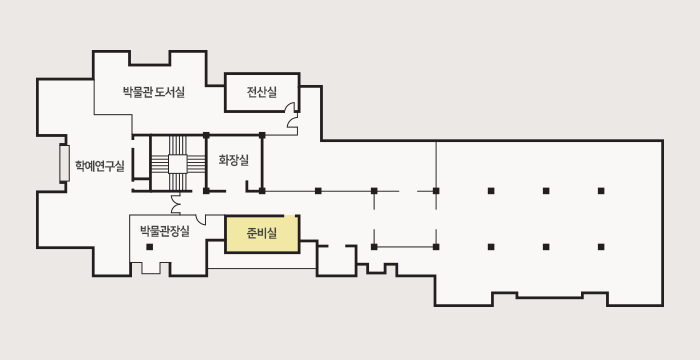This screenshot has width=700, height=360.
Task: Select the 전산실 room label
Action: point(262,93)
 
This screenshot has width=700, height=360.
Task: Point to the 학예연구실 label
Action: point(99,165)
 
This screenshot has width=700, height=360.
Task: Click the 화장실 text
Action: point(233,160)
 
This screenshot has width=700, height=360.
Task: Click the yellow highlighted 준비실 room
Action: point(262,235)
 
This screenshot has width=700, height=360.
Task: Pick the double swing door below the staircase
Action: point(177,204)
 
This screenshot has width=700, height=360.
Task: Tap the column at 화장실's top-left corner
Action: point(206,135)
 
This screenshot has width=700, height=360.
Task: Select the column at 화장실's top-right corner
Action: point(261,135)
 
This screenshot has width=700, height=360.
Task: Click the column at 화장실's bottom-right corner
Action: point(261,190)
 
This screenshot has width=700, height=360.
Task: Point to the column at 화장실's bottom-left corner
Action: point(206,190)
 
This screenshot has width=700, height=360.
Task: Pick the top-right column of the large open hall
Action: point(601,190)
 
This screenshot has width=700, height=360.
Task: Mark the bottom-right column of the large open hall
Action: point(601,245)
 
